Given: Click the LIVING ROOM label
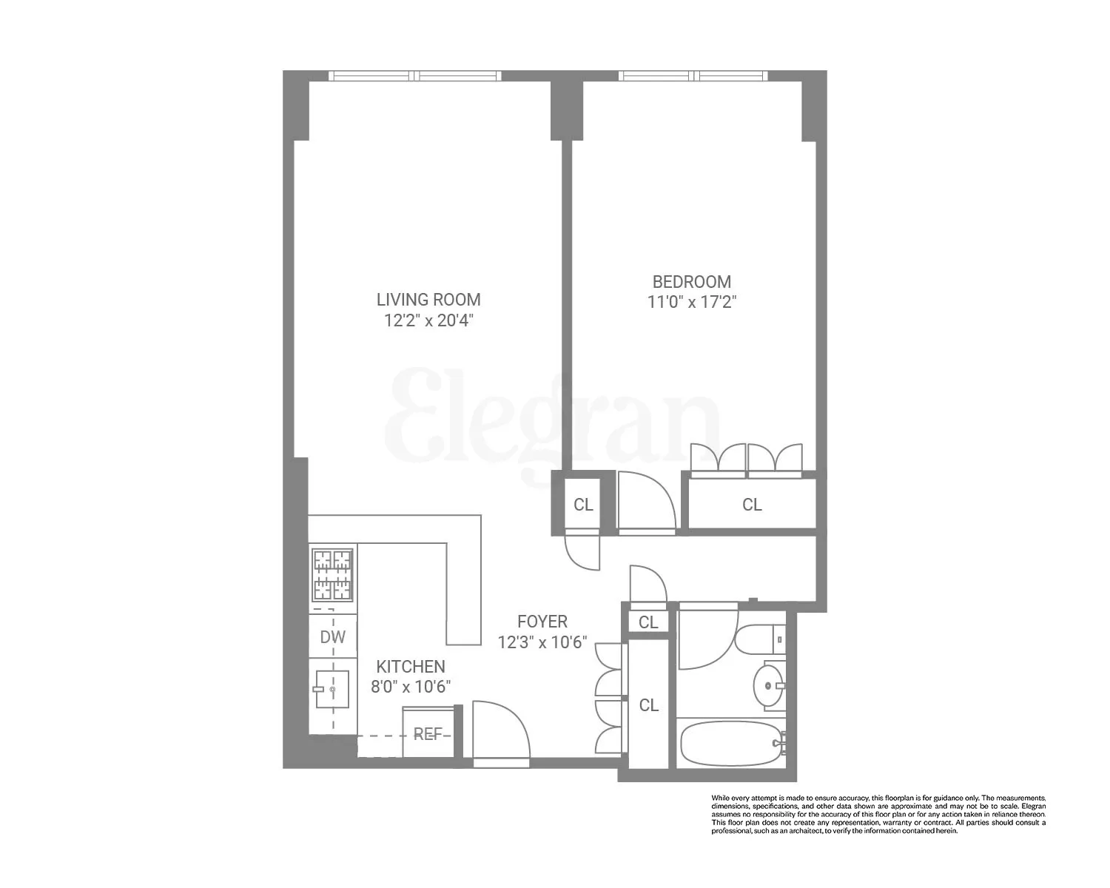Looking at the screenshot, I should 428,300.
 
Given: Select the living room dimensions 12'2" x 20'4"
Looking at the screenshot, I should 428,320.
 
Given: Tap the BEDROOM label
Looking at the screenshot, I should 691,282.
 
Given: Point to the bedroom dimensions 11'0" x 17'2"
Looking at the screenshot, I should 691,302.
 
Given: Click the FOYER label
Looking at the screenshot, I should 542,622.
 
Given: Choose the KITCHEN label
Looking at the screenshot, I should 411,667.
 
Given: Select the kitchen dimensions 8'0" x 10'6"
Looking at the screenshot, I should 411,687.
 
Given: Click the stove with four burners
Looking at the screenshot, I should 332,574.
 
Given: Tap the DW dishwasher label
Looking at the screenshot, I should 332,637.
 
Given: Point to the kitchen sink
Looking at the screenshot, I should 332,690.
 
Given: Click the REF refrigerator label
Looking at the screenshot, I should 428,734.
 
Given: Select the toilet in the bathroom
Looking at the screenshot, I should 758,638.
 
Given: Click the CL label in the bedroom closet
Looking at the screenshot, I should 752,505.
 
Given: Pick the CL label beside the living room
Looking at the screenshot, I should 583,505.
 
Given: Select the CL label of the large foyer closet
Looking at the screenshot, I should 648,705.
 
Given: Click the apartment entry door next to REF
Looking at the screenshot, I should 501,733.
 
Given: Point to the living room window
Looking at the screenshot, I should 414,75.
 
